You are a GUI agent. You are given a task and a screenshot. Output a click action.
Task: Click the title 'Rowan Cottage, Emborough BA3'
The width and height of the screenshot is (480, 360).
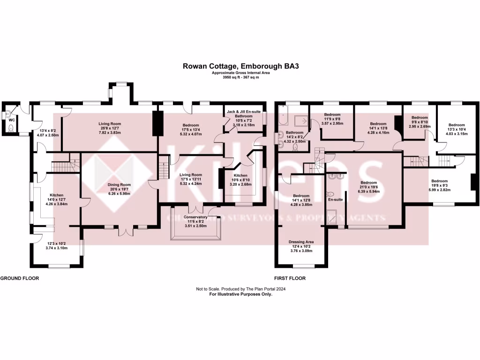[x=240, y=67]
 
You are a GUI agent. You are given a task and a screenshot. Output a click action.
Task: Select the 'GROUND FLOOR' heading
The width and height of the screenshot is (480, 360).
[x=19, y=278]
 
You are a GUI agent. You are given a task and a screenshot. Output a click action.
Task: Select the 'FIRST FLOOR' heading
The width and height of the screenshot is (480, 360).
[x=290, y=278]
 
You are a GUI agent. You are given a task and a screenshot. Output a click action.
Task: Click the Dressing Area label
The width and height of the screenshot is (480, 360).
[x=300, y=246]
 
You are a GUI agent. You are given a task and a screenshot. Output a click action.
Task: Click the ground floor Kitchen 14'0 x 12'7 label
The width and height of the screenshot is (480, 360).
[x=54, y=199]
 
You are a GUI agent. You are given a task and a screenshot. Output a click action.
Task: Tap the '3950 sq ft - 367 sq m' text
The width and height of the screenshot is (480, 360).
[x=240, y=77]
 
